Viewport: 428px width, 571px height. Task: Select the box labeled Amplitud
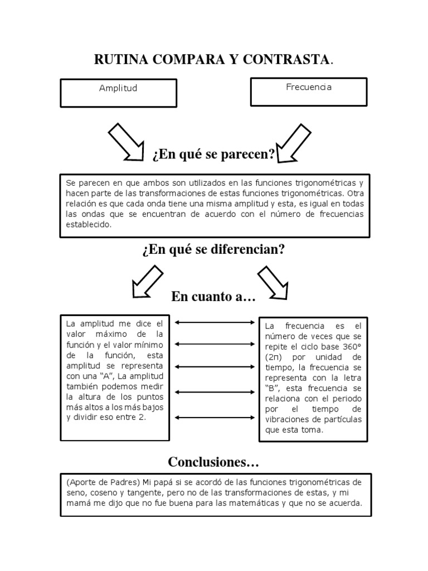coord(118,93)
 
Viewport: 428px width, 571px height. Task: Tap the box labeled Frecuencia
coord(308,91)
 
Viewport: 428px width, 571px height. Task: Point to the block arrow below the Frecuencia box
coord(295,143)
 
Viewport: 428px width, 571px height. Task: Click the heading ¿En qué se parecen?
coord(213,154)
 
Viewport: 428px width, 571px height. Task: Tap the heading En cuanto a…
coord(213,297)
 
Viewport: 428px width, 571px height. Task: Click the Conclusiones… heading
coord(213,462)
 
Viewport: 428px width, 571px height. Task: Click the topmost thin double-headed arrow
coord(214,322)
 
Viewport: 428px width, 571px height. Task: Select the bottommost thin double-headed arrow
coord(214,418)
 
